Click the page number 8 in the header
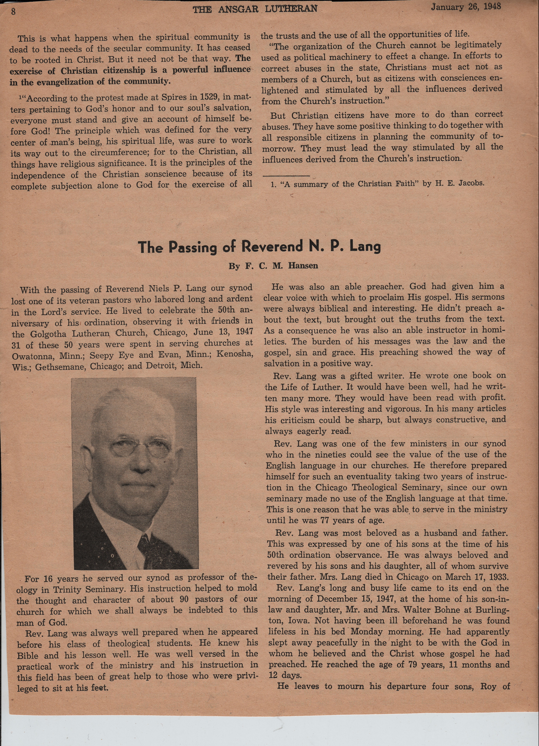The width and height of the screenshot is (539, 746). click(x=13, y=12)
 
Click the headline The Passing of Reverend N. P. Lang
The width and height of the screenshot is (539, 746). click(x=259, y=247)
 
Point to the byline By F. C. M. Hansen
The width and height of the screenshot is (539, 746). click(x=273, y=266)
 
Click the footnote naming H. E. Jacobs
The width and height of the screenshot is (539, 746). click(x=377, y=184)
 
